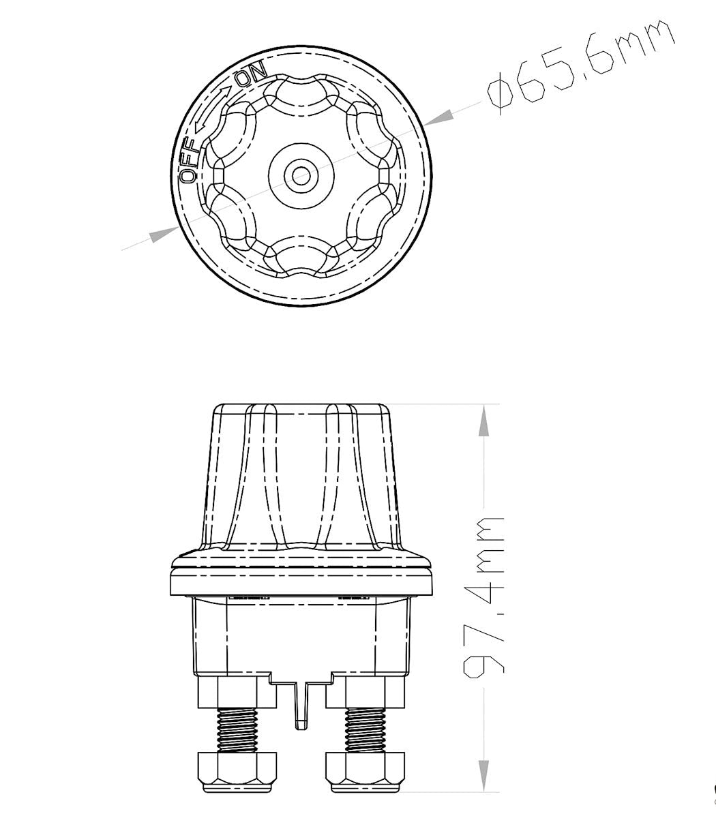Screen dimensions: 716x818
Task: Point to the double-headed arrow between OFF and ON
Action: tap(213, 109)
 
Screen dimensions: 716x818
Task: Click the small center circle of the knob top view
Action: tap(301, 175)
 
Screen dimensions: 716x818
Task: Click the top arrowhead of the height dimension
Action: tap(483, 420)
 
